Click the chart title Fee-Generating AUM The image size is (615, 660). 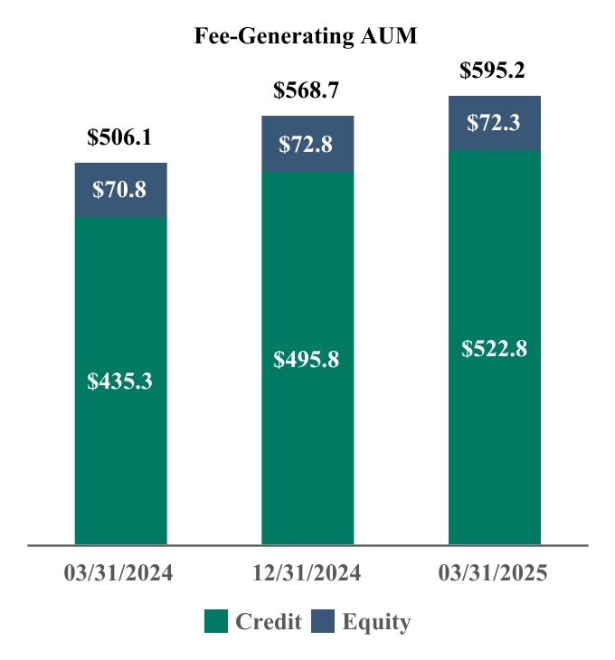click(307, 36)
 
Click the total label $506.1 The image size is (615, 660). click(120, 137)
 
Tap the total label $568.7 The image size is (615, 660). click(307, 90)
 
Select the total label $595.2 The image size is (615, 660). click(494, 71)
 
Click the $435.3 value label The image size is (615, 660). click(120, 382)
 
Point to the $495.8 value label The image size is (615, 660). click(307, 360)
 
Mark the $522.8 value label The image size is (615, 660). click(495, 348)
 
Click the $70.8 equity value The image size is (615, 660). click(120, 190)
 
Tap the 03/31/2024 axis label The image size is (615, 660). click(120, 574)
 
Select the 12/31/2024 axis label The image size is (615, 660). click(307, 574)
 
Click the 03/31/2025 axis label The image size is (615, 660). click(494, 574)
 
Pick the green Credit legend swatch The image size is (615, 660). click(215, 622)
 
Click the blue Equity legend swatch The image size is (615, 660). click(323, 622)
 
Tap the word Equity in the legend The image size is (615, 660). click(376, 622)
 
